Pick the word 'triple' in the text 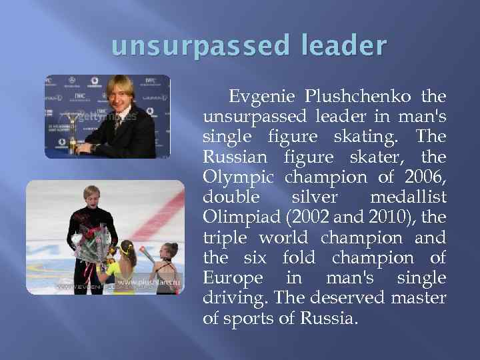(x=225, y=239)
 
